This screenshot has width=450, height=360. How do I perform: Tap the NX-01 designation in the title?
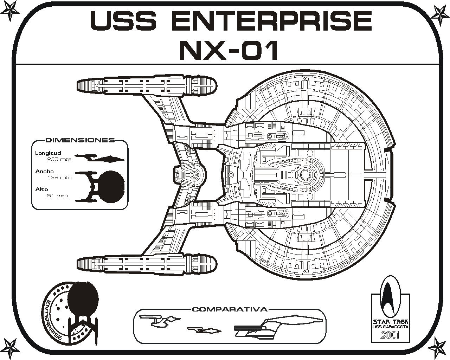[229, 50]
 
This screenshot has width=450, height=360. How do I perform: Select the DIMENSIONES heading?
[80, 140]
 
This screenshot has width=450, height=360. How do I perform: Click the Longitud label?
[48, 153]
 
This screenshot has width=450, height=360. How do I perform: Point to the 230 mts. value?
[60, 159]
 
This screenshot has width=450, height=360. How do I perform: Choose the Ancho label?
[44, 172]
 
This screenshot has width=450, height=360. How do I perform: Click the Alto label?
[41, 189]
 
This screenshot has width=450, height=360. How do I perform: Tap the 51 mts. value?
[58, 195]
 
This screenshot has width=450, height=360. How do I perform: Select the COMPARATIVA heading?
[230, 310]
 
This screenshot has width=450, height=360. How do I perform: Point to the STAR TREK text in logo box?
[390, 322]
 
